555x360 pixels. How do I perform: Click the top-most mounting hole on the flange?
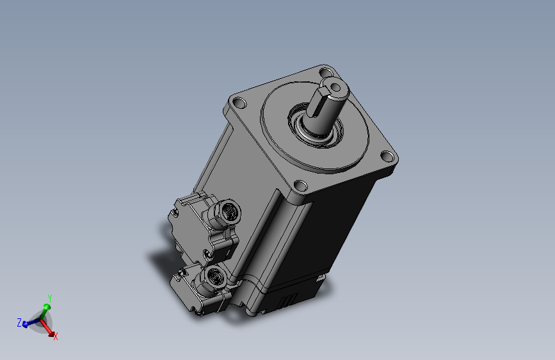coord(326,72)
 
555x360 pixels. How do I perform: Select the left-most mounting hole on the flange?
coord(239,104)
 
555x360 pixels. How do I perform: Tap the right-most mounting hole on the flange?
coord(387,156)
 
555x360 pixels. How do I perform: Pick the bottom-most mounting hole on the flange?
coord(300,185)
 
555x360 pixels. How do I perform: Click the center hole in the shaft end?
coord(335,87)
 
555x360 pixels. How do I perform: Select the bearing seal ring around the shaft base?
coord(316,126)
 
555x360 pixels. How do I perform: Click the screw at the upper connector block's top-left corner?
coord(174,212)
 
